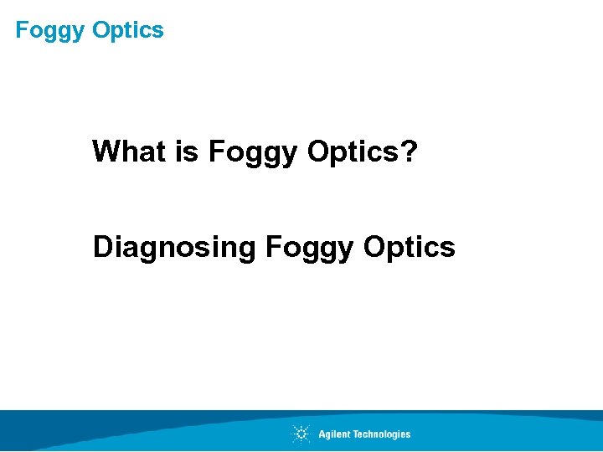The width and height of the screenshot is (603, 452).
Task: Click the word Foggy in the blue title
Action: pyautogui.click(x=51, y=31)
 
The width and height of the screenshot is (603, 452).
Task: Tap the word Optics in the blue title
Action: pyautogui.click(x=128, y=30)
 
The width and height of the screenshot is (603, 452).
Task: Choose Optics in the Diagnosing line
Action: pyautogui.click(x=410, y=247)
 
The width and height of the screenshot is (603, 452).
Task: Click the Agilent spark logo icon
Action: pyautogui.click(x=301, y=434)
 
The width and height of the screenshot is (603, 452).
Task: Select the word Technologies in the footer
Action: pyautogui.click(x=381, y=434)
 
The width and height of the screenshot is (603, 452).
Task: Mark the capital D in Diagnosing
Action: pyautogui.click(x=103, y=247)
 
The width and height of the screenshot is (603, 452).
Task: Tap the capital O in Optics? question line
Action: pyautogui.click(x=320, y=152)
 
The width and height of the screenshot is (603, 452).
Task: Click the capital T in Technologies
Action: pyautogui.click(x=355, y=434)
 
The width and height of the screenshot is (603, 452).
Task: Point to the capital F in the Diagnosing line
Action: pyautogui.click(x=272, y=247)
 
